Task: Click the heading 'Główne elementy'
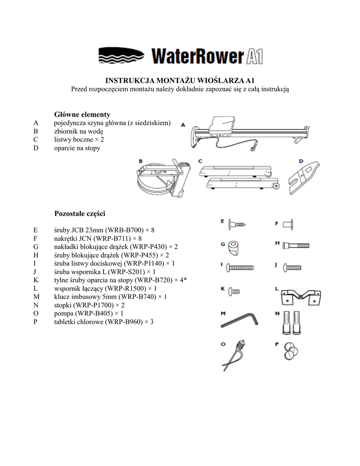pyautogui.click(x=82, y=114)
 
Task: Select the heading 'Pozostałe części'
pyautogui.click(x=80, y=213)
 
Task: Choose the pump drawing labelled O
pyautogui.click(x=238, y=352)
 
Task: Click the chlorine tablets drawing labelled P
pyautogui.click(x=291, y=350)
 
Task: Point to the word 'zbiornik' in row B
pyautogui.click(x=66, y=132)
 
